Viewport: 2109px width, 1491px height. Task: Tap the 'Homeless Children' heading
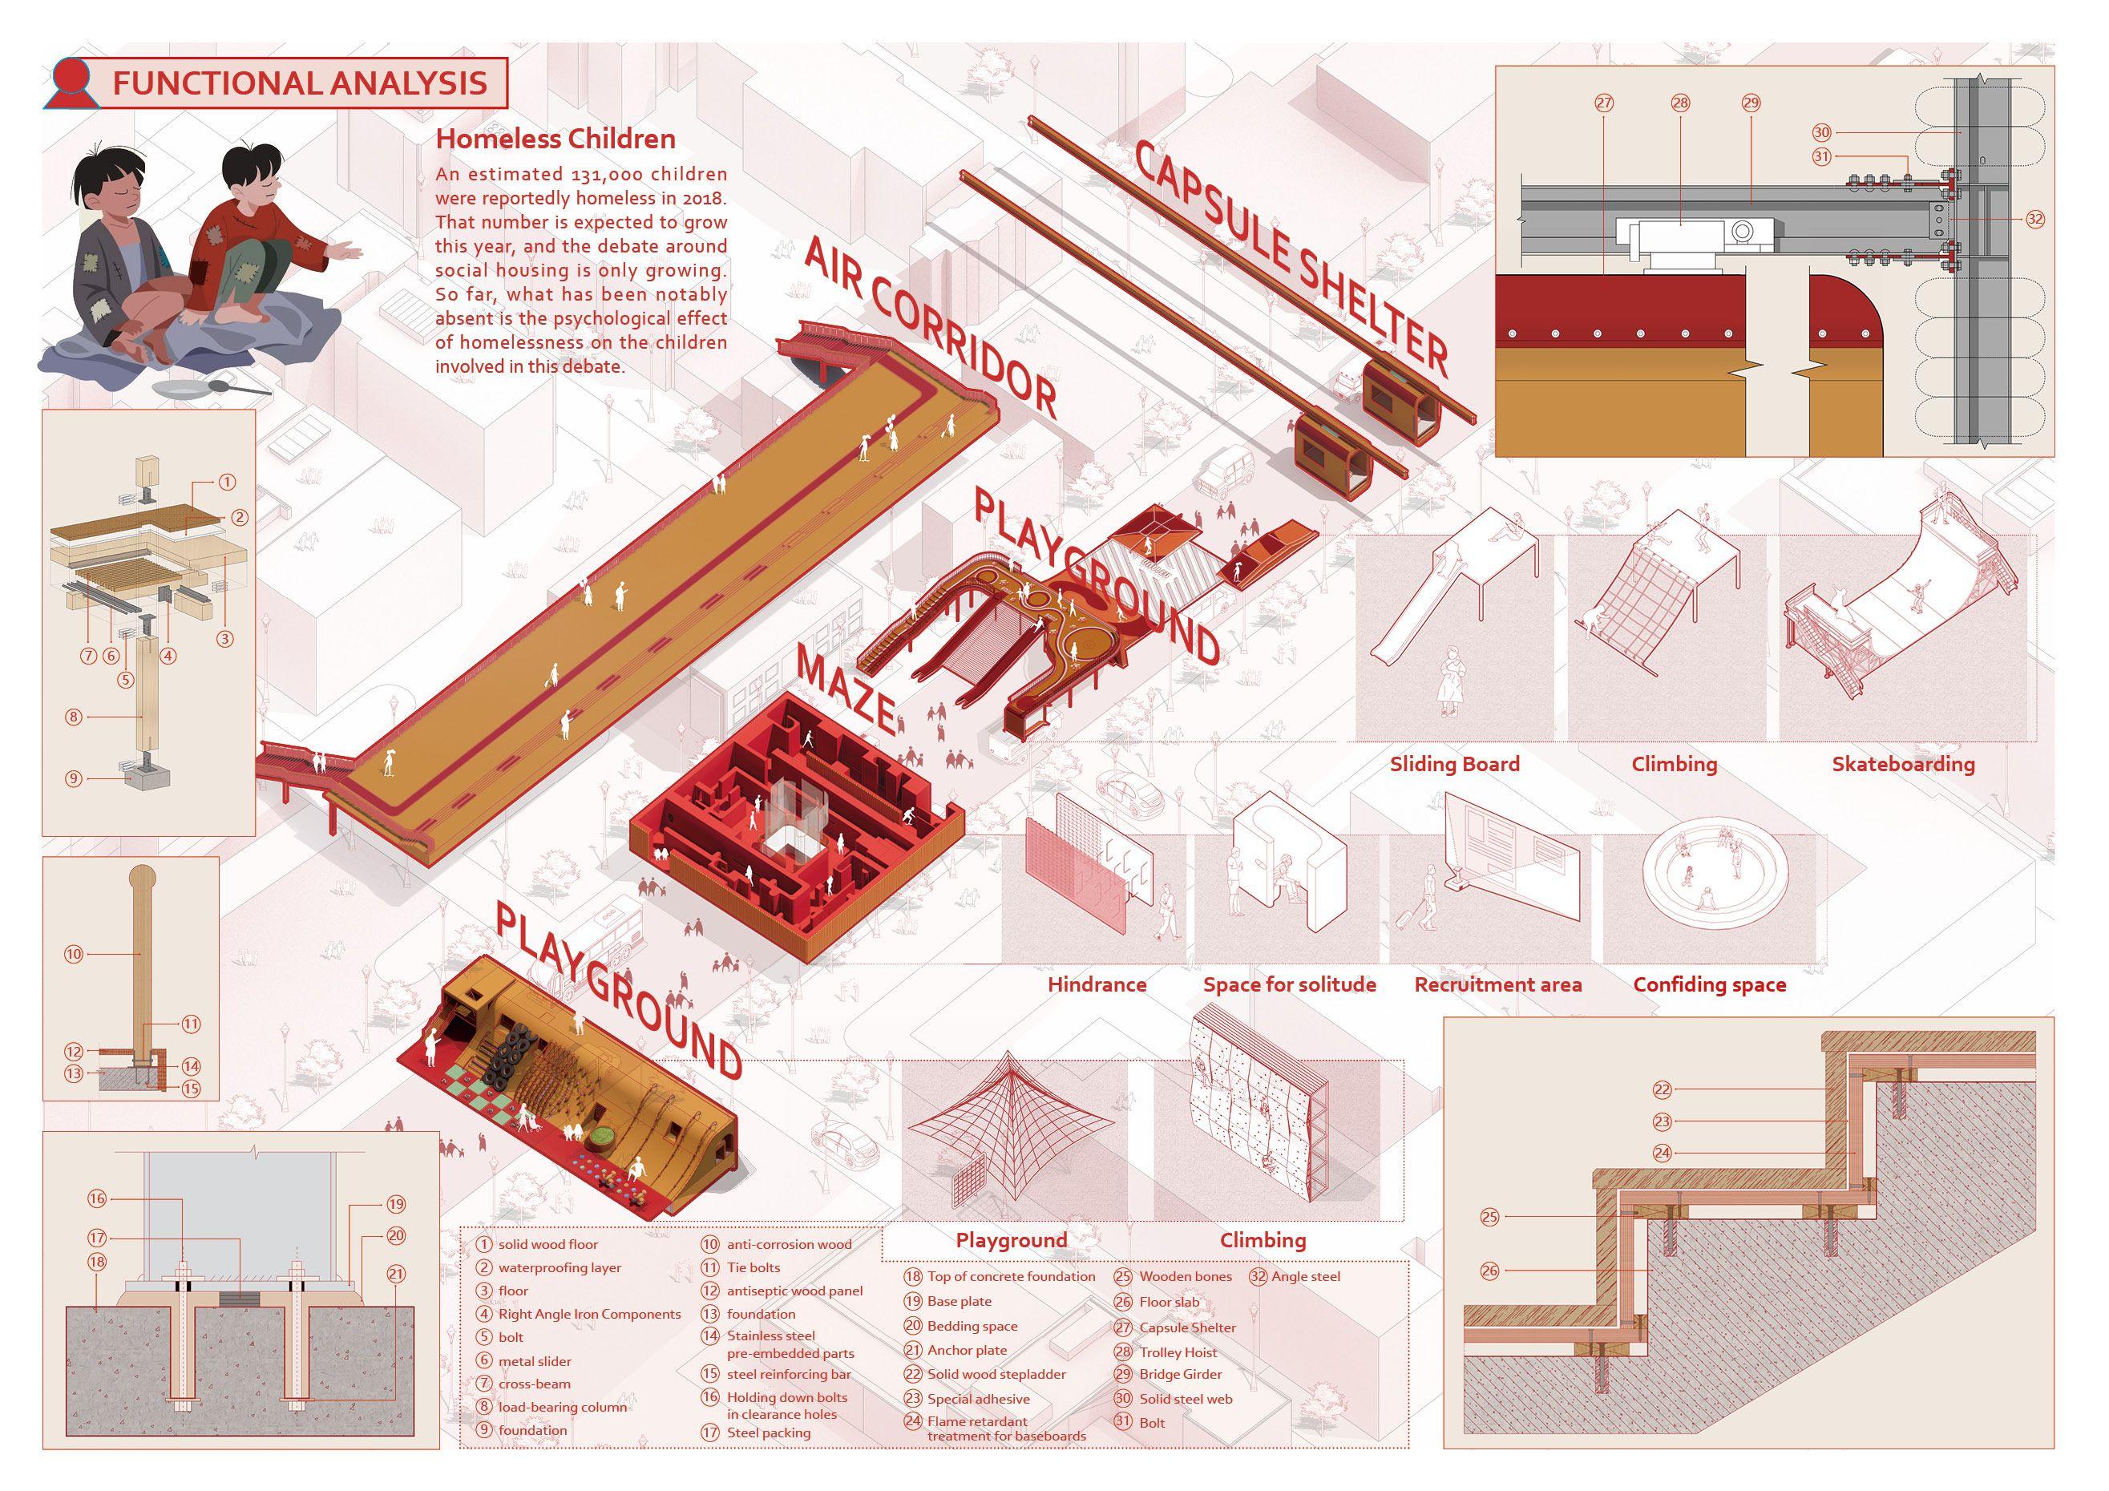tap(555, 139)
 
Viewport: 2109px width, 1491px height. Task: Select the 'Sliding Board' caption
tap(1454, 763)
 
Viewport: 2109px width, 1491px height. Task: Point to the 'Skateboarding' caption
tap(1902, 763)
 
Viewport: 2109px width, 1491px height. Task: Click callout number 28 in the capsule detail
tap(1680, 104)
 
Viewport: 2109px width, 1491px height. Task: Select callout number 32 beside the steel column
tap(2034, 219)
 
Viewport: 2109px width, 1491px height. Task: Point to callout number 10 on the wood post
tap(74, 955)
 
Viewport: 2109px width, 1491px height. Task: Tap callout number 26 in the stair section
tap(1489, 1271)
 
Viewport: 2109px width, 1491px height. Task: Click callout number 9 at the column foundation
tap(74, 778)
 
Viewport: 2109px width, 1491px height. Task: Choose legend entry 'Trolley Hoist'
tap(1178, 1352)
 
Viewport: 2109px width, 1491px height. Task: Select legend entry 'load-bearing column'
tap(562, 1407)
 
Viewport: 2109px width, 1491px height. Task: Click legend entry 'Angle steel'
tap(1304, 1276)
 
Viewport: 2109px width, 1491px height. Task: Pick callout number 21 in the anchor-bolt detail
tap(396, 1273)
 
